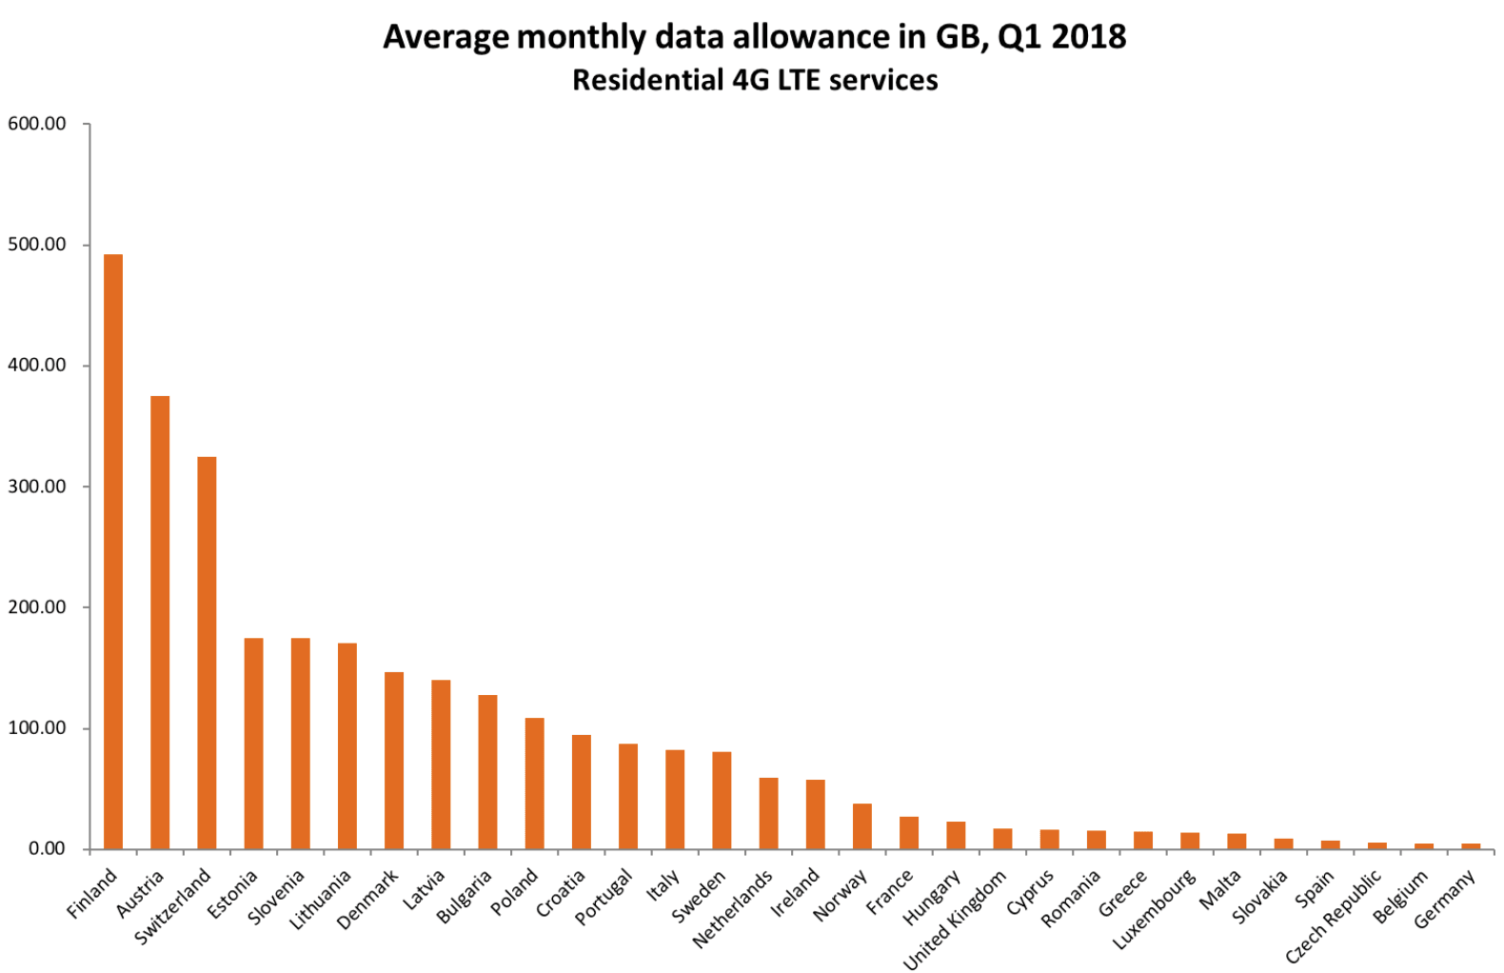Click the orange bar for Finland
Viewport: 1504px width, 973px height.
(113, 552)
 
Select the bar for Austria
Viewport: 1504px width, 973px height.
(160, 623)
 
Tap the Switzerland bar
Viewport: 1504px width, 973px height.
(207, 653)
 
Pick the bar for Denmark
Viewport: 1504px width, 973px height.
(394, 761)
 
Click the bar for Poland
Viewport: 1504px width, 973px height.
(535, 784)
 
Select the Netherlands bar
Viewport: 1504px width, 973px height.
(768, 813)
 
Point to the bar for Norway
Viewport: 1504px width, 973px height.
(862, 826)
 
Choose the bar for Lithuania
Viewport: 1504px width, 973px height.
(347, 746)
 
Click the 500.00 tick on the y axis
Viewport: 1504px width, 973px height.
(37, 245)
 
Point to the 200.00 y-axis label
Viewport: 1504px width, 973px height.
(37, 607)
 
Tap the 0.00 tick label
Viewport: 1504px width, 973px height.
(47, 849)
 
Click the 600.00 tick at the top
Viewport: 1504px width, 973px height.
(37, 124)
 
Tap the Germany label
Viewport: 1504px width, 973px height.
(1444, 899)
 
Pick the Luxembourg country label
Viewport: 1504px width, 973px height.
(1154, 909)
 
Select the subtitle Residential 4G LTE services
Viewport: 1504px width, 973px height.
(754, 80)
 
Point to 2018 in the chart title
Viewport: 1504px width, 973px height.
(1089, 37)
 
